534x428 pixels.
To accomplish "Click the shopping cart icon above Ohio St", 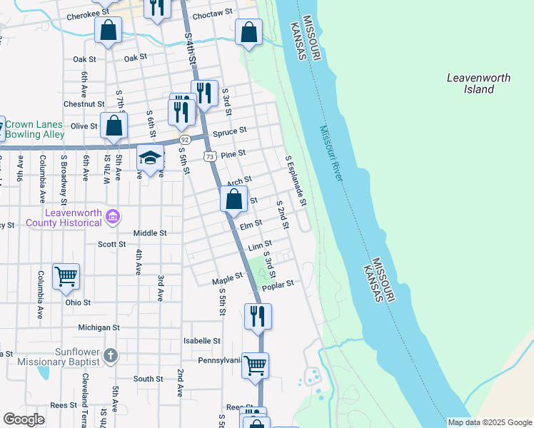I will pyautogui.click(x=66, y=275).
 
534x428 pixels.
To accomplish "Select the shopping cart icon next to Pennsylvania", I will pyautogui.click(x=255, y=365).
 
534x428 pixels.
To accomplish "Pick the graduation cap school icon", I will pyautogui.click(x=151, y=158).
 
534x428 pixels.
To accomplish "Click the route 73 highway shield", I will pyautogui.click(x=209, y=156).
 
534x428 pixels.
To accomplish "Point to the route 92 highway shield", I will pyautogui.click(x=184, y=139).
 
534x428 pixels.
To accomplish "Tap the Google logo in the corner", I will pyautogui.click(x=24, y=419).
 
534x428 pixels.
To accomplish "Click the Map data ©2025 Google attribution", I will pyautogui.click(x=489, y=422).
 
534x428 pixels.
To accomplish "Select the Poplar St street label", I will pyautogui.click(x=278, y=285).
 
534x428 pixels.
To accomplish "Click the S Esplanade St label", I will pyautogui.click(x=295, y=182).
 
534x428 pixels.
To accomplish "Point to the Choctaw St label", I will pyautogui.click(x=213, y=13).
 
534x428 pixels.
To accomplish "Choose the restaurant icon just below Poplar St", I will pyautogui.click(x=258, y=315).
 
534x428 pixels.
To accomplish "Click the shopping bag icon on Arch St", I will pyautogui.click(x=234, y=199).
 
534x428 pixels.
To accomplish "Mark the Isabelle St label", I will pyautogui.click(x=202, y=341).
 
